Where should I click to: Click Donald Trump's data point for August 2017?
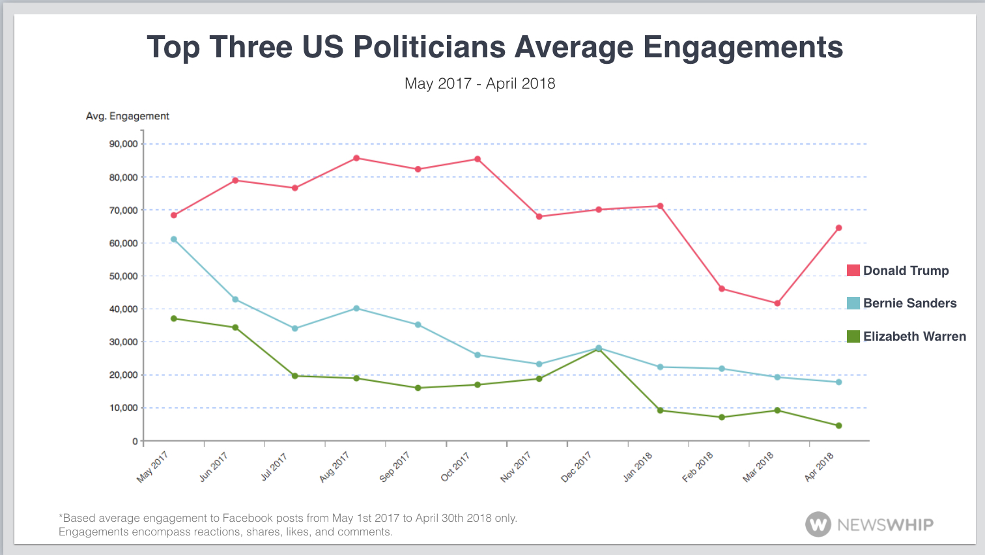coord(356,158)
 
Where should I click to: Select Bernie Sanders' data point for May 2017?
coord(174,239)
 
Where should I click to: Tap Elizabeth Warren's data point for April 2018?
coord(838,426)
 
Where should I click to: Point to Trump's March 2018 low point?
coord(777,304)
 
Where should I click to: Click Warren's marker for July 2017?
coord(295,376)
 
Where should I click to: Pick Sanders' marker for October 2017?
coord(478,355)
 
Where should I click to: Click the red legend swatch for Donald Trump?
coord(853,270)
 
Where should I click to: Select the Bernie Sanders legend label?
coord(909,303)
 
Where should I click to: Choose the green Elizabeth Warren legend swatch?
coord(853,336)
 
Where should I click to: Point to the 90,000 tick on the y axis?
coord(124,144)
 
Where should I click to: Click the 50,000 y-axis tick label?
coord(124,276)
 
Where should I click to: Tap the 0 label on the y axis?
coord(135,441)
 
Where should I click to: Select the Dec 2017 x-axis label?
coord(576,467)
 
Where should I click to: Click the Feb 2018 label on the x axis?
coord(697,467)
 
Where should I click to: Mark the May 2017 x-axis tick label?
coord(152,467)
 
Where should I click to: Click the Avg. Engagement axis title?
coord(128,116)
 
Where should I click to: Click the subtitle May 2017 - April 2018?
coord(480,83)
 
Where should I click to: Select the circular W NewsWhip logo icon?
coord(818,524)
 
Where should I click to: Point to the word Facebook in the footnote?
coord(248,519)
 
